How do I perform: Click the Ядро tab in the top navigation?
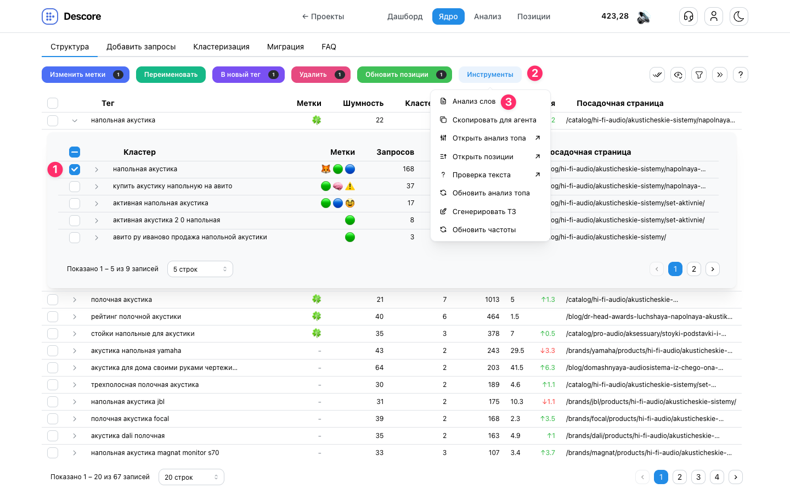click(448, 16)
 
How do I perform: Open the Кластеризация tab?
click(221, 47)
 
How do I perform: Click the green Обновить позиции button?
click(404, 75)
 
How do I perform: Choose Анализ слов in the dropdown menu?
click(473, 101)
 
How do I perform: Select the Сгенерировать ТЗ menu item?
click(484, 211)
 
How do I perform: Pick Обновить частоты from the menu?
click(484, 229)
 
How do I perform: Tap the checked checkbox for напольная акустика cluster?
click(75, 170)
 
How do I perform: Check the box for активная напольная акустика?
click(75, 203)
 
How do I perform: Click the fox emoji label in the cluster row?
click(325, 169)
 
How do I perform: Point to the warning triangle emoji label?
click(350, 186)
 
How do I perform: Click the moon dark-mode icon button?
click(738, 16)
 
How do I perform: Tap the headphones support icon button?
click(689, 16)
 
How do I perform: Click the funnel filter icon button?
click(699, 75)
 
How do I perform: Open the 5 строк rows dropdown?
click(200, 269)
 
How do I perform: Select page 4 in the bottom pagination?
click(716, 477)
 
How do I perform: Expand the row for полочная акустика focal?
click(75, 419)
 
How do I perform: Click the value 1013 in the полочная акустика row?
click(492, 300)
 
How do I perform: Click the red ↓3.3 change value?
click(548, 351)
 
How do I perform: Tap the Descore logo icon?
click(50, 16)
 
